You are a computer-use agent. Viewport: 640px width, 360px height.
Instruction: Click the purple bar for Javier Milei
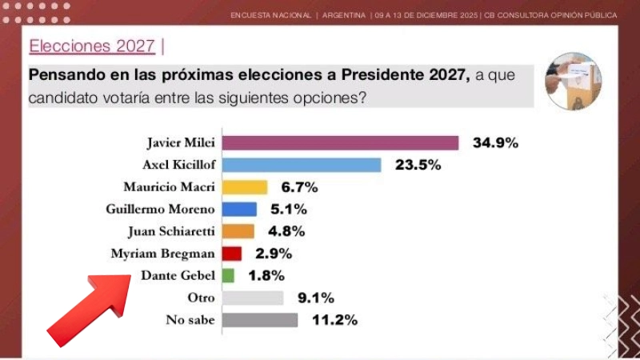(340, 143)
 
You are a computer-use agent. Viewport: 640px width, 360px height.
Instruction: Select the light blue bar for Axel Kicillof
(301, 165)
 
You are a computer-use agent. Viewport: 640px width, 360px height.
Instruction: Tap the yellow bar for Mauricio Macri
(244, 187)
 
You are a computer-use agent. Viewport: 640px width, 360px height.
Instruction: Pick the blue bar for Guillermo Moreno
(239, 210)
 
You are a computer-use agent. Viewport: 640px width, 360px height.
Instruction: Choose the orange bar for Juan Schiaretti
(238, 231)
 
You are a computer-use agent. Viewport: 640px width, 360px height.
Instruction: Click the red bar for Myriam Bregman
(231, 254)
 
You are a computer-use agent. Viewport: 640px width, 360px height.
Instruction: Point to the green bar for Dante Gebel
(228, 276)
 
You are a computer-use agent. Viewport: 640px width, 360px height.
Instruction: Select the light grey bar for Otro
(252, 298)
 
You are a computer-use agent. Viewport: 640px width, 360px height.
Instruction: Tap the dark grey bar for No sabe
(259, 320)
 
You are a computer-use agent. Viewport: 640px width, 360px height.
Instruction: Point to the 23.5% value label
(416, 166)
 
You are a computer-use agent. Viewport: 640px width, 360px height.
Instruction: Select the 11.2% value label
(333, 320)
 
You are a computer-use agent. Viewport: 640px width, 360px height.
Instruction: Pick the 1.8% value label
(260, 276)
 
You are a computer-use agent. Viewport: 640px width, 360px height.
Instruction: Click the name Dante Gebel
(178, 276)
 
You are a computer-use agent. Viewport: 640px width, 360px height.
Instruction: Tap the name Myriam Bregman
(163, 254)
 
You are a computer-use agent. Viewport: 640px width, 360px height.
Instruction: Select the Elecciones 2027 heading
(92, 46)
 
